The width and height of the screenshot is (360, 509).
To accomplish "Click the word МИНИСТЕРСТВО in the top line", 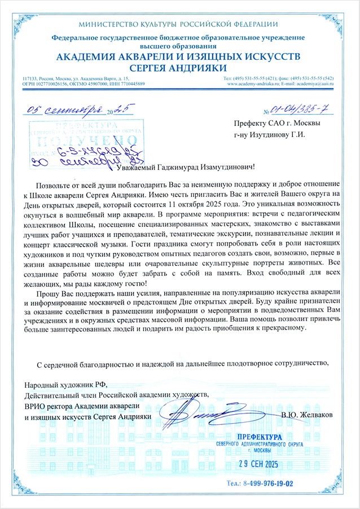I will click(x=111, y=24).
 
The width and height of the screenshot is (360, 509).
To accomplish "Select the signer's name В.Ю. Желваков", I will click(x=306, y=415).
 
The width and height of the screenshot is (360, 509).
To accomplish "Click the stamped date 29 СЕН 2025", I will click(x=264, y=464).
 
